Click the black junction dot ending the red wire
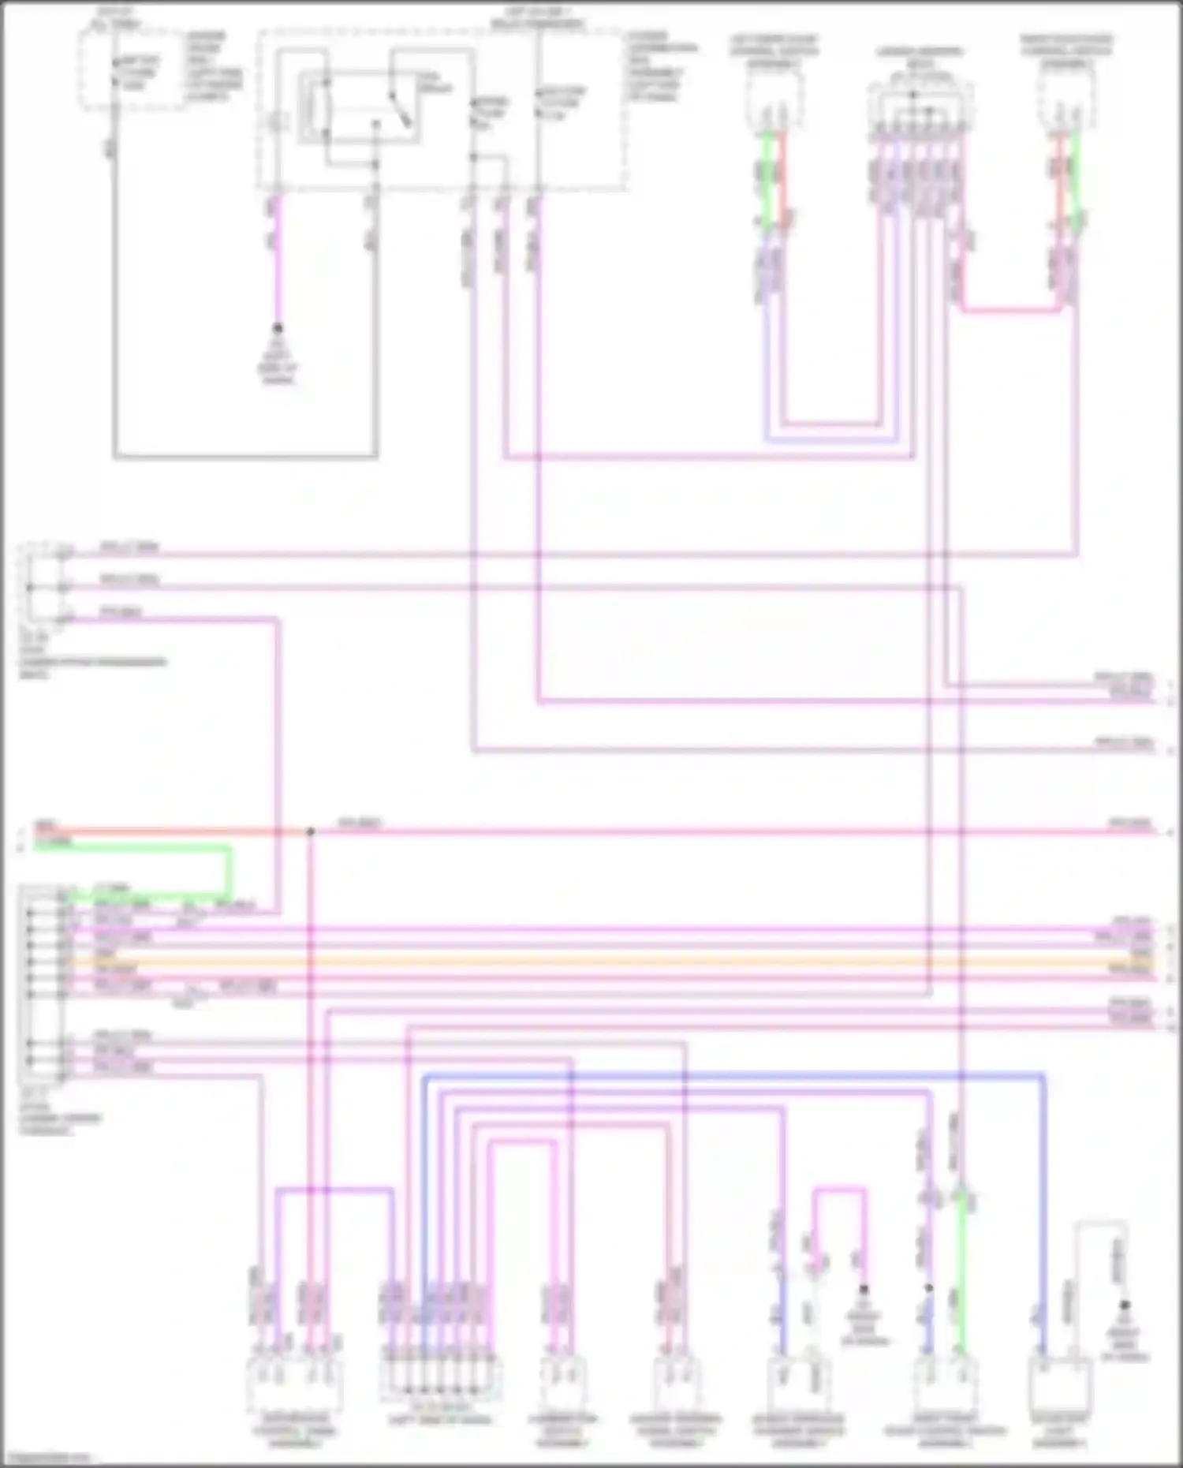(x=311, y=831)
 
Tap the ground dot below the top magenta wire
(x=278, y=327)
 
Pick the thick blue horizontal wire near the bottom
(x=733, y=1076)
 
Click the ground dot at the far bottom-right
(x=1125, y=1306)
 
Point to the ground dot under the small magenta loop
(x=864, y=1289)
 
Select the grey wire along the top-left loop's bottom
(x=244, y=456)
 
